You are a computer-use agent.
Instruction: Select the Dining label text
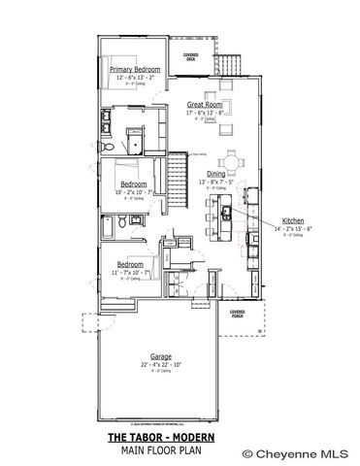[215, 174]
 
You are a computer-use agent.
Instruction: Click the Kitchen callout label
[293, 220]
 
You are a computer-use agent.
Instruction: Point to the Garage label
[161, 355]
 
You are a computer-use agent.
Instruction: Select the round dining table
[231, 160]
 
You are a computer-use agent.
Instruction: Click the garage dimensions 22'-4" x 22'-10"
[161, 364]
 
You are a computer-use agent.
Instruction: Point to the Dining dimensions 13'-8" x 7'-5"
[215, 182]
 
